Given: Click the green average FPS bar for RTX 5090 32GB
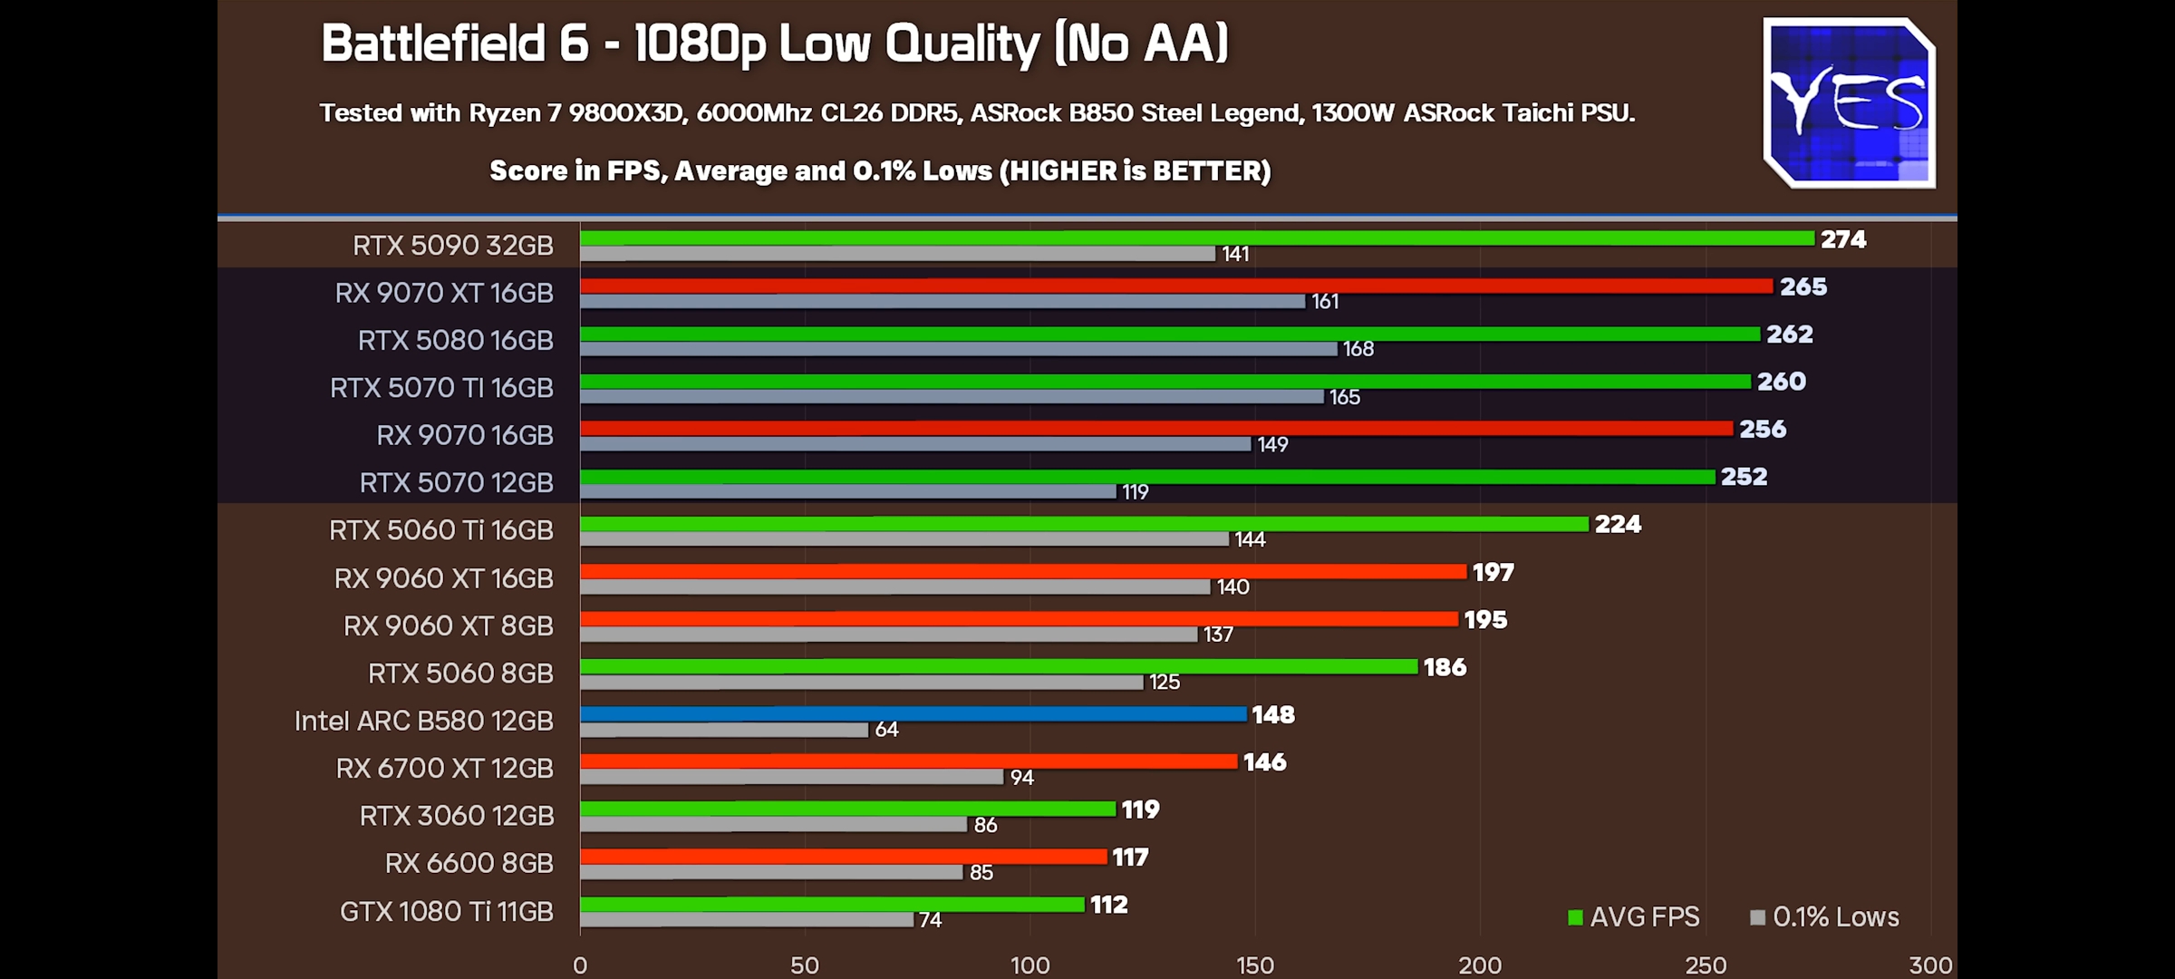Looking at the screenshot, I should coord(1196,238).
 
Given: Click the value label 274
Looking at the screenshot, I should coord(1843,239).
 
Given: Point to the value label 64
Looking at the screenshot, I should coord(886,730).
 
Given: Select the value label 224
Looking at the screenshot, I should coord(1618,524).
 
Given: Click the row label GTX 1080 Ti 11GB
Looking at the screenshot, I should coord(446,911).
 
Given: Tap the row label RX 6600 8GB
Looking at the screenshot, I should coord(469,863).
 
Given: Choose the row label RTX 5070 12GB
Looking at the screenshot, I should coord(456,483).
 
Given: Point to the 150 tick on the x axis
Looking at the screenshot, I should coord(1255,965).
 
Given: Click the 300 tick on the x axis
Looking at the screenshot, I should coord(1930,965).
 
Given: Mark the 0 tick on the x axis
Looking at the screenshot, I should coord(580,965).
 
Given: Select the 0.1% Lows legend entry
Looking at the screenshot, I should coord(1825,917).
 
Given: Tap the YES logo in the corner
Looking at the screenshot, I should coord(1849,103).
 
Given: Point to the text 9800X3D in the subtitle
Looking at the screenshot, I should coord(628,113).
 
